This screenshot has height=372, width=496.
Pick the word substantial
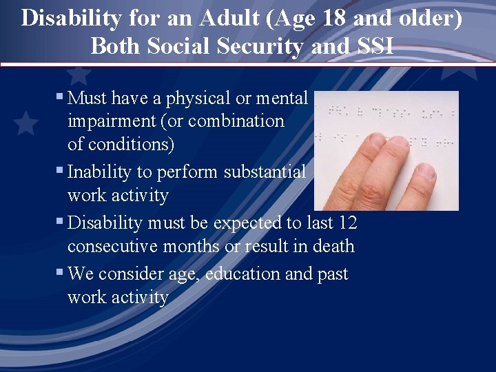click(x=265, y=172)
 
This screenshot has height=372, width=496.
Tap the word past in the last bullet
click(x=333, y=274)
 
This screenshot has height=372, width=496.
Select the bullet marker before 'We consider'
click(x=61, y=273)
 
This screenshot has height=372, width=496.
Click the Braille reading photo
click(x=386, y=150)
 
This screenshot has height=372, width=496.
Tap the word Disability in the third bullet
click(x=105, y=223)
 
